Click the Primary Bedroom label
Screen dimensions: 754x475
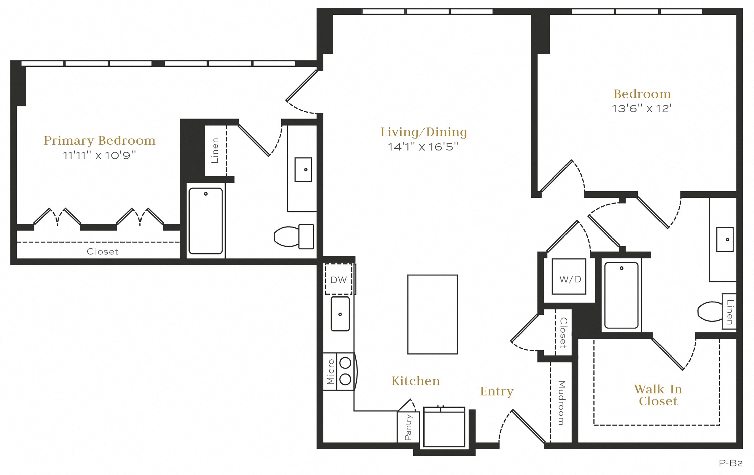point(100,141)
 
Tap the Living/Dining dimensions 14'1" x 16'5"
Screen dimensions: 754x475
point(423,147)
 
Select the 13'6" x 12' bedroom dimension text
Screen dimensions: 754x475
point(642,108)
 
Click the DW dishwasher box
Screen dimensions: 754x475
point(339,279)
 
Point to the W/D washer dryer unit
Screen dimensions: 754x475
point(569,276)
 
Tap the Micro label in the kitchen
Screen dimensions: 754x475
point(330,372)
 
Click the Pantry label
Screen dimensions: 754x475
point(408,427)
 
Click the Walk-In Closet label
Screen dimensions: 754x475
point(658,395)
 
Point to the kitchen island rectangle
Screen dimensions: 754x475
point(433,315)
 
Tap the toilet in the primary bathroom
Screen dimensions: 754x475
point(294,236)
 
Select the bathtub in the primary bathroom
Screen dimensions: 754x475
point(206,221)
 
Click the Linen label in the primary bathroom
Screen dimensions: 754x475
point(215,150)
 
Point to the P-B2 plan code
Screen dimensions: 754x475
point(731,463)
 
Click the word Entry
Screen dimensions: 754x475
point(497,391)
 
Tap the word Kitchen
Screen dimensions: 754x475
point(415,381)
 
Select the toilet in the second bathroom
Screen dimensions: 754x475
point(710,312)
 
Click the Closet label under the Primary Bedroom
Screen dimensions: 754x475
point(102,251)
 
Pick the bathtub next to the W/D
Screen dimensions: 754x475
point(622,295)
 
